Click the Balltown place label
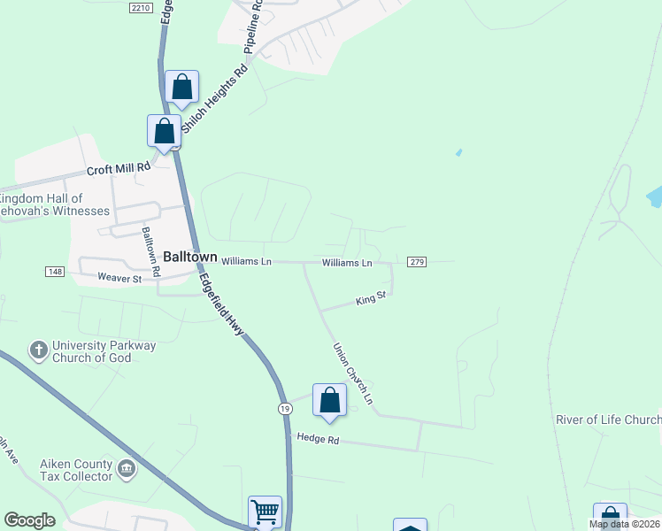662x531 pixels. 190,257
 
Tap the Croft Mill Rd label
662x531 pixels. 119,171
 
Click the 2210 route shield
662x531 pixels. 140,7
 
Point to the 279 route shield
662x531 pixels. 418,262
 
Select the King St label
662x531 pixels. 372,301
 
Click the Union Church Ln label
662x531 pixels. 352,373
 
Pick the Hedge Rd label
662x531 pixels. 318,438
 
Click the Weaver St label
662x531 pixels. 119,279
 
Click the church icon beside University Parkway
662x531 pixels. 39,350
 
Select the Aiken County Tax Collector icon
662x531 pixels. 126,468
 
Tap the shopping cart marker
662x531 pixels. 265,512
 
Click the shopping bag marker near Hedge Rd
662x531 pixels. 329,400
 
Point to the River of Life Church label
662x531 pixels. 608,419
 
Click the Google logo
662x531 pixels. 29,520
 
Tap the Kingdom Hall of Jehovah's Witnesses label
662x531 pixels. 53,204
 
